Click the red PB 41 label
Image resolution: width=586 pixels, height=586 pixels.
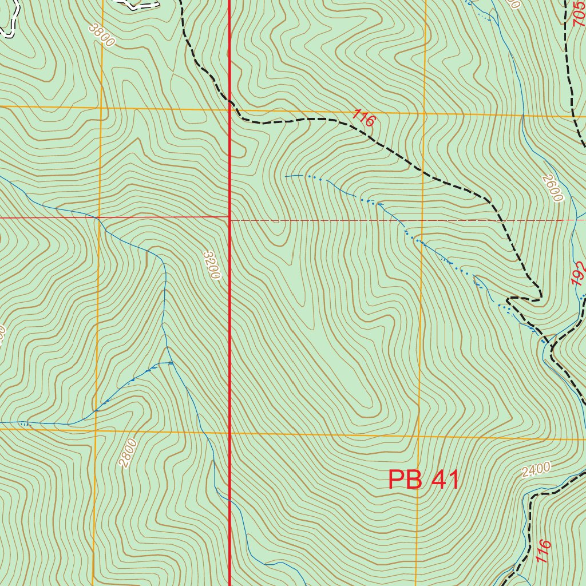tap(423, 480)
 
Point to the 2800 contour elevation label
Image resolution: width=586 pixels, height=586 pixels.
tap(129, 453)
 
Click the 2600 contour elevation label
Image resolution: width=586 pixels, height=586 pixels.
tap(553, 188)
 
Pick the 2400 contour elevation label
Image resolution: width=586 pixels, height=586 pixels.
tap(536, 470)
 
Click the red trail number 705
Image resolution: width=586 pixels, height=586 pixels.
tap(579, 14)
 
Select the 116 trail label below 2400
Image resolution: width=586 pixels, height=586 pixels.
tap(543, 551)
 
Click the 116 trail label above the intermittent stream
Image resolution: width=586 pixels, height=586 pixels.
tap(363, 118)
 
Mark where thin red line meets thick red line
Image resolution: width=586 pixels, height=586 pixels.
tap(230, 217)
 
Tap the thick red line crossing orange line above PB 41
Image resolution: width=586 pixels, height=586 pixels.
tap(230, 434)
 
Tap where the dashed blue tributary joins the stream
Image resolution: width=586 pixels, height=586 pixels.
tap(172, 363)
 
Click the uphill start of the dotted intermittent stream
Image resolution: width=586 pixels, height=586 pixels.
tap(286, 176)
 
